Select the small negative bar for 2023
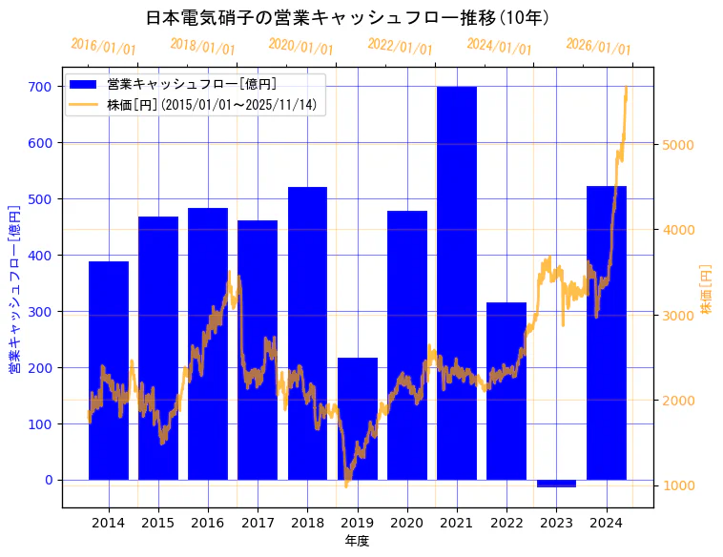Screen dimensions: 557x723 point(556,484)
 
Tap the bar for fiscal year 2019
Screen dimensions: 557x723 point(358,419)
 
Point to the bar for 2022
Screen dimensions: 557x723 point(506,391)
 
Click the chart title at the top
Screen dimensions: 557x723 point(347,18)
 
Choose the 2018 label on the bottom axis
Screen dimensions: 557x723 point(307,523)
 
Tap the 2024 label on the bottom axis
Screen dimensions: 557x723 point(606,523)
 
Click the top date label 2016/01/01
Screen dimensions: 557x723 point(104,47)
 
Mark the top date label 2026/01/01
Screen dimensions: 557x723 point(598,47)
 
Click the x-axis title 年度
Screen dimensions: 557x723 point(357,541)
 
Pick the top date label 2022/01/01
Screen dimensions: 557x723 point(400,47)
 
